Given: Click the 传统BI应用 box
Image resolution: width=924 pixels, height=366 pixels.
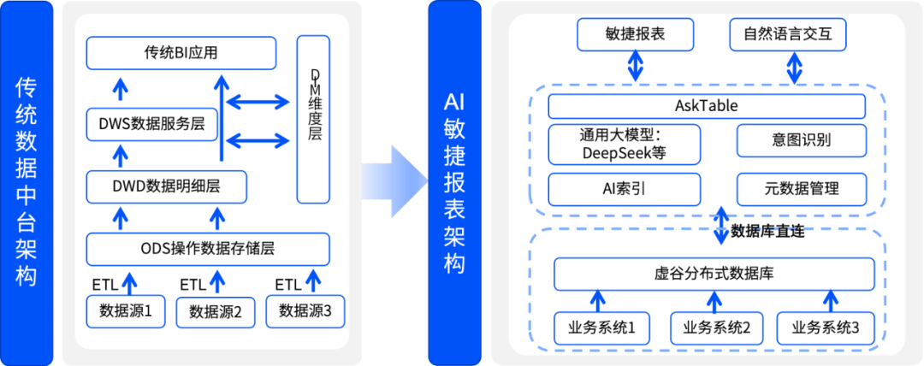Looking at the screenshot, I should (181, 53).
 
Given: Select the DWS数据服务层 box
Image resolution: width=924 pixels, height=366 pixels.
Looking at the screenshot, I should (151, 125).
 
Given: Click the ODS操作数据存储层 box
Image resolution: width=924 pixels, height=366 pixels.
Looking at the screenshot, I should (208, 249).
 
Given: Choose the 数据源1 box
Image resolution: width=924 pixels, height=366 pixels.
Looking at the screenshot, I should (126, 310).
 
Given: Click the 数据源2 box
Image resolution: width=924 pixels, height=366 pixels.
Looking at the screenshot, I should (216, 311).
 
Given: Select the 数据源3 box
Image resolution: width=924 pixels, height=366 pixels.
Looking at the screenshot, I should (305, 310).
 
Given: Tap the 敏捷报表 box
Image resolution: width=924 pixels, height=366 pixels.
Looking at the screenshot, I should (634, 35).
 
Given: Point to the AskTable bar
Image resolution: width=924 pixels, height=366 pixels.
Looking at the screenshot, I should (707, 106).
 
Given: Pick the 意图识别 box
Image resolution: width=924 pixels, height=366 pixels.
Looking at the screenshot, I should (802, 141).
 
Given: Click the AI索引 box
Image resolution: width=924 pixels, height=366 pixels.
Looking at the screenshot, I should (624, 189).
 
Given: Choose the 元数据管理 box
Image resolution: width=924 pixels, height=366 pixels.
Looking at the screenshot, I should (802, 189).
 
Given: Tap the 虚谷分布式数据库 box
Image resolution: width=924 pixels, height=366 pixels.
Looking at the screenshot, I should (714, 274).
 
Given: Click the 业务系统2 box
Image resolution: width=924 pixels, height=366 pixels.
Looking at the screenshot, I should (711, 327).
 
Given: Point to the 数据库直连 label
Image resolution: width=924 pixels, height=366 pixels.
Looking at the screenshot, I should (767, 231).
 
